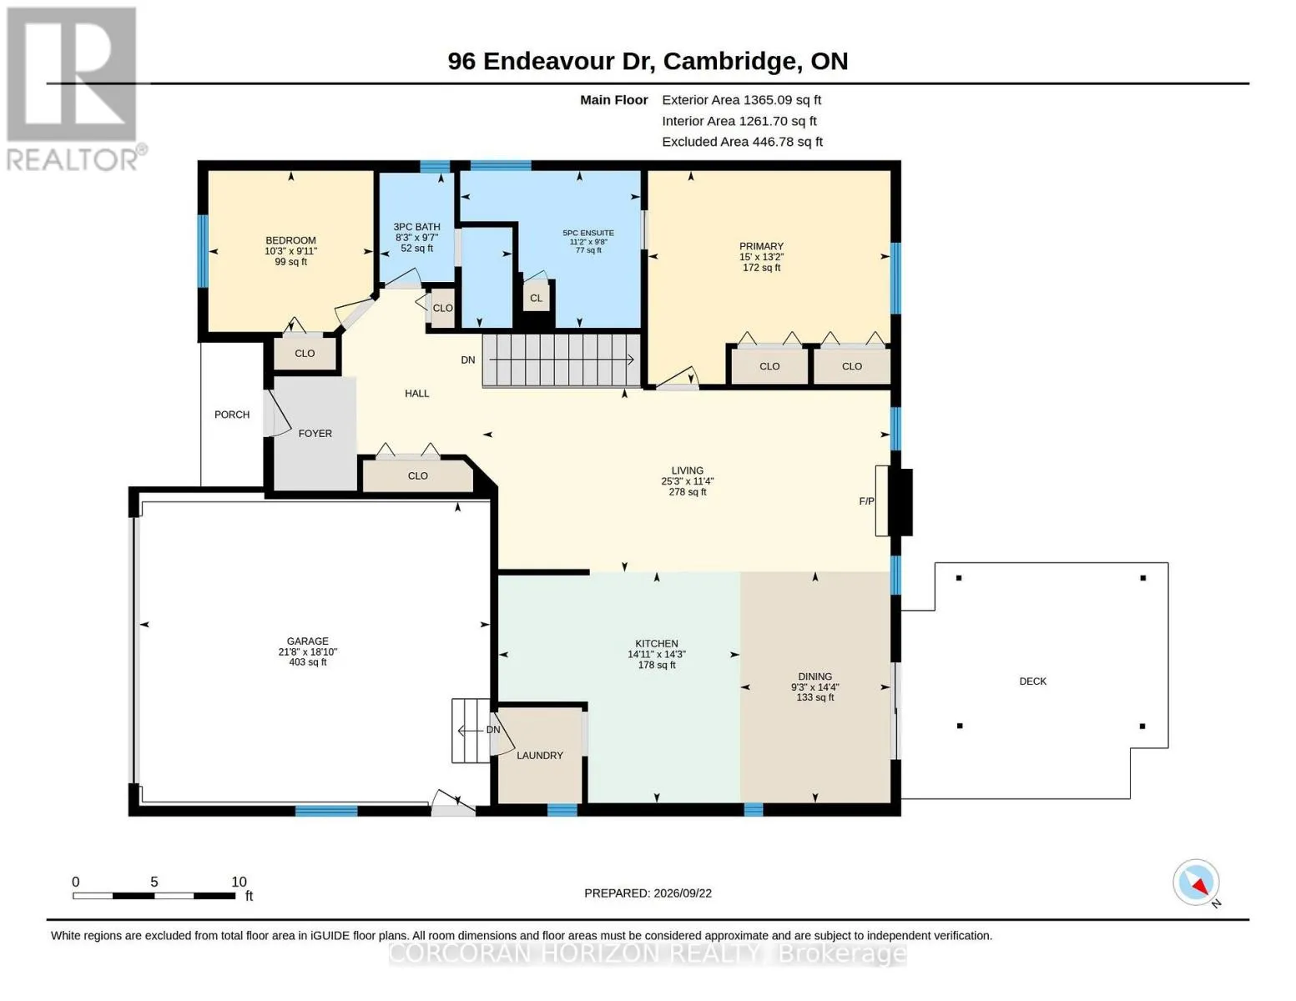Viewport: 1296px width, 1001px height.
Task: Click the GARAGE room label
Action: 307,641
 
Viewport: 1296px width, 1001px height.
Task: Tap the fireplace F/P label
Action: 866,500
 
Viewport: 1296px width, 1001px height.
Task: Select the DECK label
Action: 1032,681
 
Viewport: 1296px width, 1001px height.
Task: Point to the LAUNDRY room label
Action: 539,756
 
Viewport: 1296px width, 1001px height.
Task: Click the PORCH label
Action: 231,415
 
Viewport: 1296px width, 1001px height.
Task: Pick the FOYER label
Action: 315,434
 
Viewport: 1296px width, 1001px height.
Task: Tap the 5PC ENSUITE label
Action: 587,233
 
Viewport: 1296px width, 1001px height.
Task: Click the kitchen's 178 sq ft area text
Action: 656,665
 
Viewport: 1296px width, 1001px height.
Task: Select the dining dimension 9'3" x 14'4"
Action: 814,687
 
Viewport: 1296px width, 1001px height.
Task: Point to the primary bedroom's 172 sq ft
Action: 761,268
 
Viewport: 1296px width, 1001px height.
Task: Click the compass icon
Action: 1195,883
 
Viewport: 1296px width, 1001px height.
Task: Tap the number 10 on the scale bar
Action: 239,882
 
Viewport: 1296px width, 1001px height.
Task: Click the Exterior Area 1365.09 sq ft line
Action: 741,100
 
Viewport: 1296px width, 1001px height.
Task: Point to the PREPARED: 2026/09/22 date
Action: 648,893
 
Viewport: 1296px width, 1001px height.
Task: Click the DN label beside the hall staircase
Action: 467,360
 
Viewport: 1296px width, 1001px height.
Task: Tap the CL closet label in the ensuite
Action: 536,298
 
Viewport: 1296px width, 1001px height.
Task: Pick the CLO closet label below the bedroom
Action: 304,354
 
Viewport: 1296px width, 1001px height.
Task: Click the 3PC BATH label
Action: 416,227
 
